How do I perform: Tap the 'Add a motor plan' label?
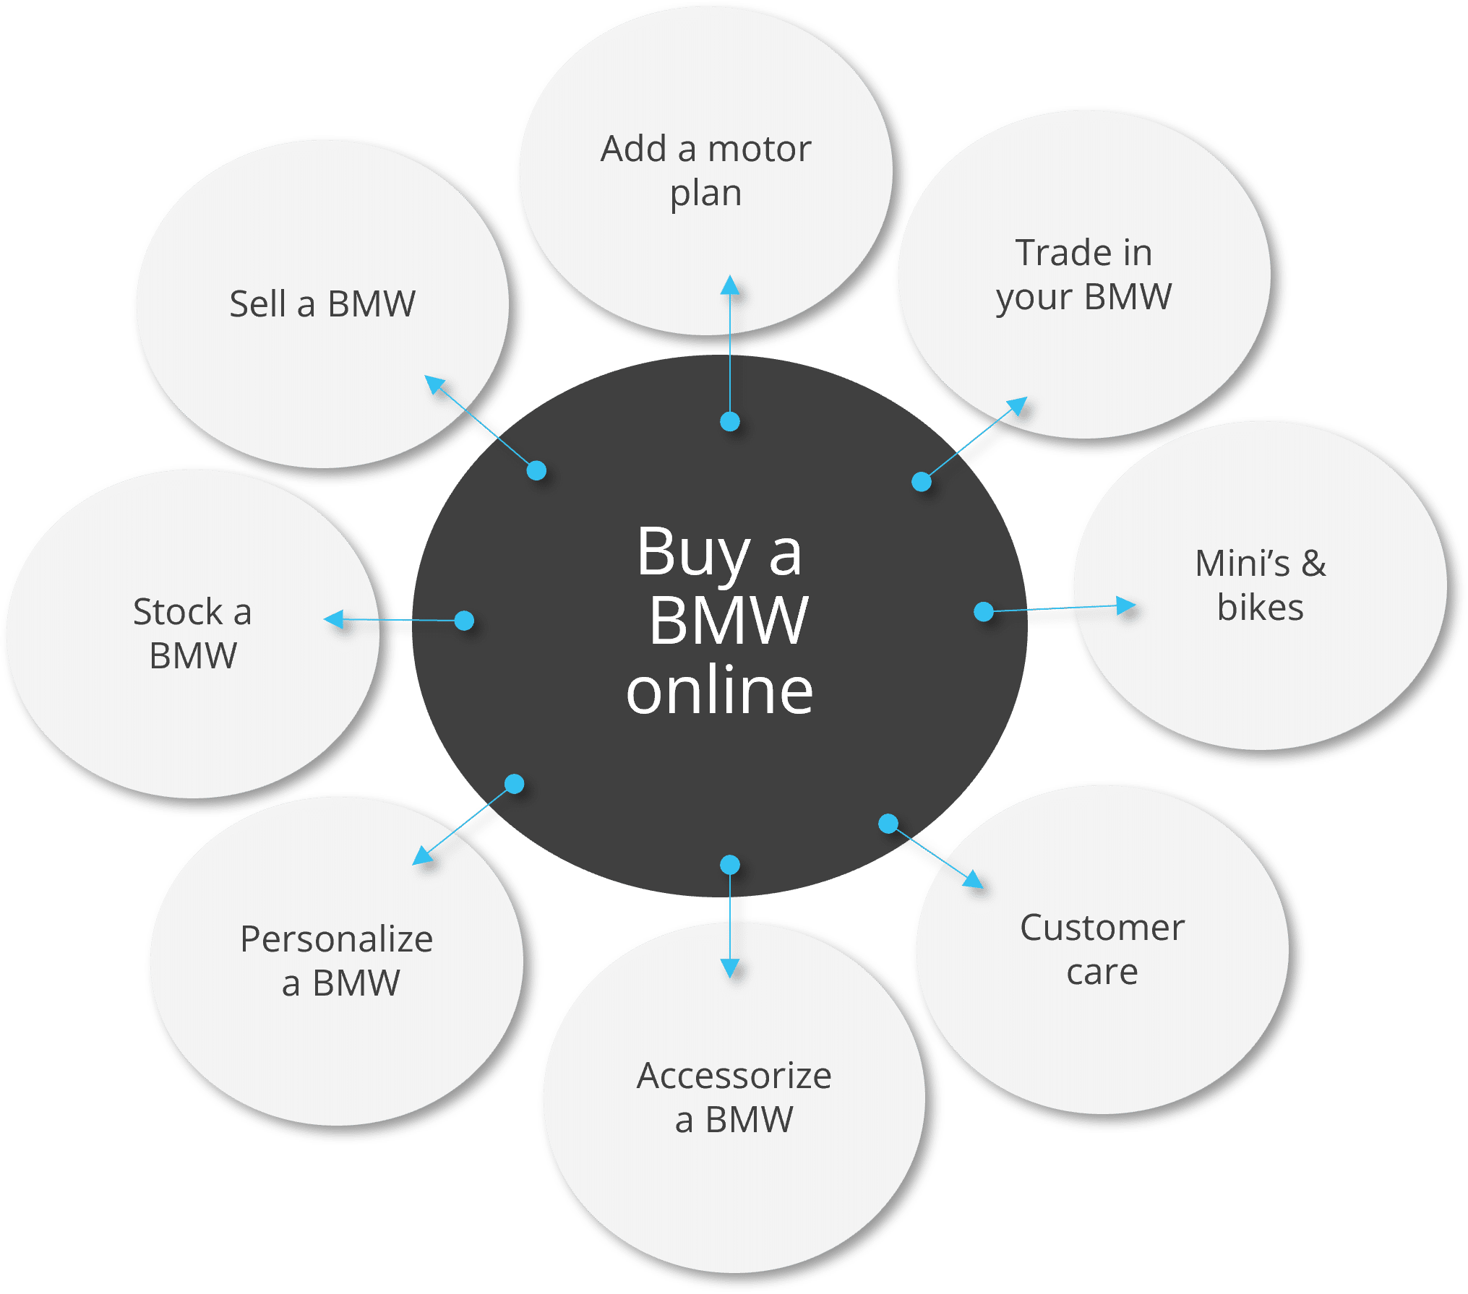(706, 171)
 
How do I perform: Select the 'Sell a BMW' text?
(322, 303)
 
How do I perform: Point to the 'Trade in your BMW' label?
(1083, 275)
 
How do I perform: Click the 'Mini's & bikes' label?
(1261, 585)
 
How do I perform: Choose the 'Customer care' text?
(1102, 949)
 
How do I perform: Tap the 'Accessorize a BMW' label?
(734, 1097)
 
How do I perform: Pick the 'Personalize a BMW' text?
(337, 961)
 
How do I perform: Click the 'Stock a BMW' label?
(193, 634)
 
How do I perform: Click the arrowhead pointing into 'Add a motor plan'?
(730, 284)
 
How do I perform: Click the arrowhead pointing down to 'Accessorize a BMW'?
(730, 968)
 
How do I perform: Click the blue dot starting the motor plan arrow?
(730, 421)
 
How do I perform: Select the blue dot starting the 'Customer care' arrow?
(888, 823)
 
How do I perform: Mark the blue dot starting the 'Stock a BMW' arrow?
(464, 620)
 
